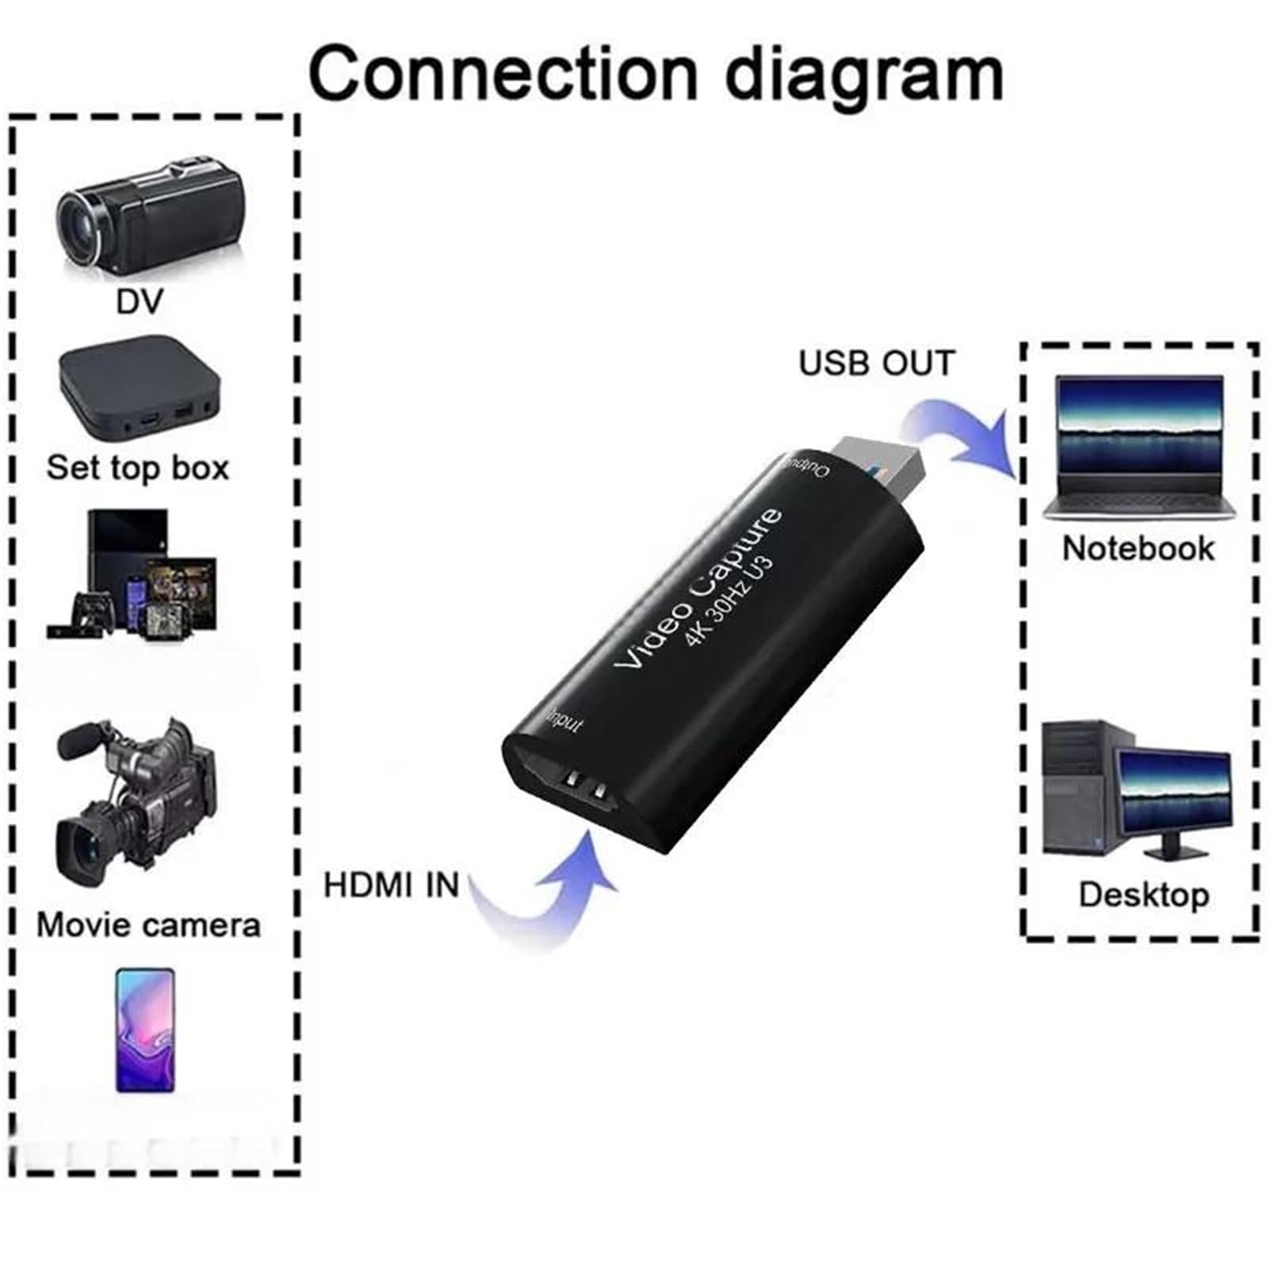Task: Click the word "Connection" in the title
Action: pos(503,73)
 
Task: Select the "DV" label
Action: pos(140,301)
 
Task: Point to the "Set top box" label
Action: pos(138,467)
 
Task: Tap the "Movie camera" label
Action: pos(148,925)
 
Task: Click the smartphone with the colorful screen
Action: pos(145,1030)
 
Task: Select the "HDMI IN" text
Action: pos(392,885)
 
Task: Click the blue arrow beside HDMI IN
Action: pos(547,892)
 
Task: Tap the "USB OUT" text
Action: pos(877,363)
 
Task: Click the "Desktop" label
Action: pos(1144,894)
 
